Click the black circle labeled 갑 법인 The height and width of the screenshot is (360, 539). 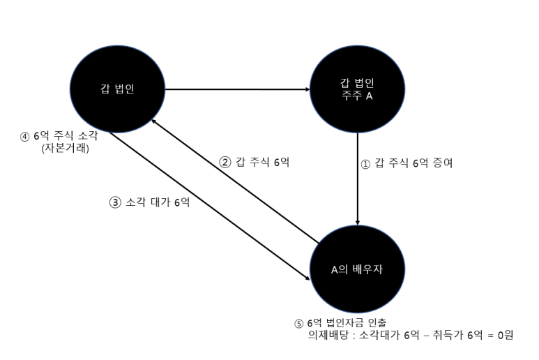pos(117,88)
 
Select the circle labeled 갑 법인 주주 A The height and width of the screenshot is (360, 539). pos(357,89)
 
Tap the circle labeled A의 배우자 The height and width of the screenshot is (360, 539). pos(358,269)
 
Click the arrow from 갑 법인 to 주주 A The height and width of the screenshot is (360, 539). pos(237,89)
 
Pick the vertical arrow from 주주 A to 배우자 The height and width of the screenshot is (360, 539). pos(358,179)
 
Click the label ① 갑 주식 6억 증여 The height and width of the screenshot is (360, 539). pos(407,165)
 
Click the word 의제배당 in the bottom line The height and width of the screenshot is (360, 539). pos(326,336)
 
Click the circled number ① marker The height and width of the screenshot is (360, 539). pos(366,165)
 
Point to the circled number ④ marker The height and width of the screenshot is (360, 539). pos(24,136)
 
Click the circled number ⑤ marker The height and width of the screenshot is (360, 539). pos(298,324)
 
